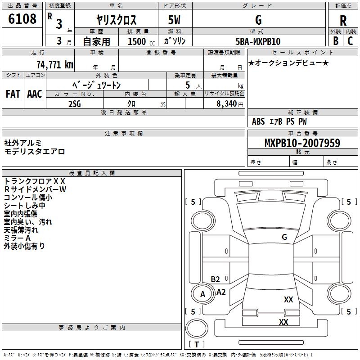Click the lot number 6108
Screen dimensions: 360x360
click(x=22, y=19)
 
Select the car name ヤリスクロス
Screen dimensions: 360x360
click(x=117, y=20)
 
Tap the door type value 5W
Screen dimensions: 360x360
click(x=174, y=20)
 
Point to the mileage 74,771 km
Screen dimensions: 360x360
click(x=55, y=64)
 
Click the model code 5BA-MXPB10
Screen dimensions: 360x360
click(x=258, y=41)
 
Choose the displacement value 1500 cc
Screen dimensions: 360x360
click(x=141, y=41)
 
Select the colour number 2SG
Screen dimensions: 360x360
click(x=75, y=104)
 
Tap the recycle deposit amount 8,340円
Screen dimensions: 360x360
click(x=230, y=104)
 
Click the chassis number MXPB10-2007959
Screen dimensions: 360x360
click(x=302, y=143)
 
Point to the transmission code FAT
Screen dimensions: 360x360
click(x=13, y=94)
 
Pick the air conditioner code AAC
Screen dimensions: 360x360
click(x=35, y=94)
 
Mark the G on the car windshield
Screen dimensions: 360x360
click(x=284, y=237)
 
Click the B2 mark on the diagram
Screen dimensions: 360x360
click(x=215, y=279)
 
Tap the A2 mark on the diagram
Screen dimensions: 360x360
click(x=221, y=292)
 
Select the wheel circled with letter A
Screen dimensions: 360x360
click(x=202, y=294)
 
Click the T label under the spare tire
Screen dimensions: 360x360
click(x=197, y=344)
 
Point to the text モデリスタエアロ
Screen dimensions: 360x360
click(x=35, y=152)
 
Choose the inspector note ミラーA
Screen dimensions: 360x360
click(x=17, y=238)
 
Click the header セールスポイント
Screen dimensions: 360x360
click(x=302, y=52)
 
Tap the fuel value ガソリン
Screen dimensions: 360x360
click(x=175, y=41)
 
